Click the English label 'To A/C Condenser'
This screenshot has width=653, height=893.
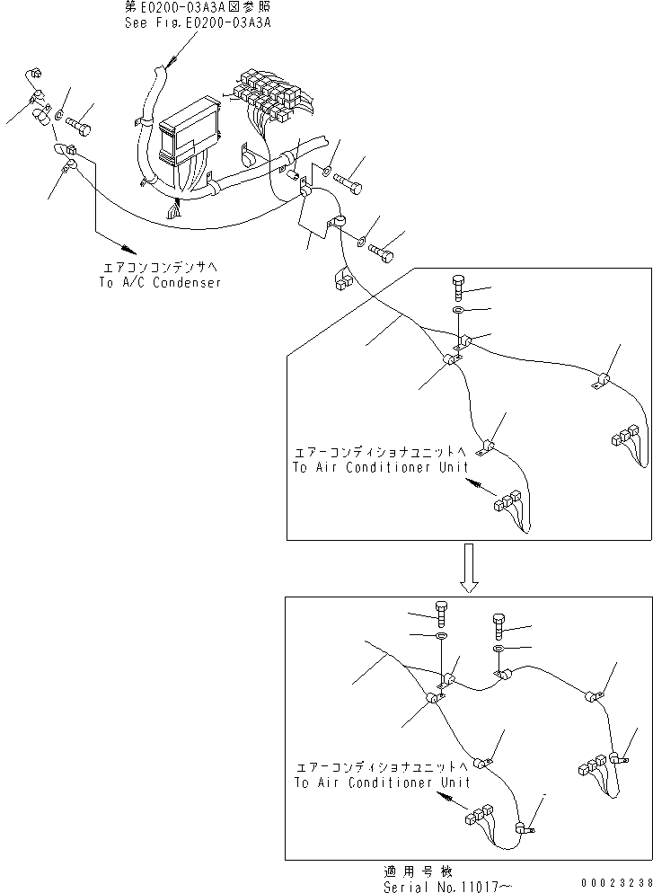click(160, 282)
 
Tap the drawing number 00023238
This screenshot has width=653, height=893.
click(618, 884)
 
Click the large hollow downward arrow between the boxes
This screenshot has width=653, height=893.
click(468, 568)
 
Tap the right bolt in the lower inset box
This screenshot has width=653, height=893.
click(499, 623)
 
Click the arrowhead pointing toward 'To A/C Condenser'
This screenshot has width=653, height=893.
click(126, 247)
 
